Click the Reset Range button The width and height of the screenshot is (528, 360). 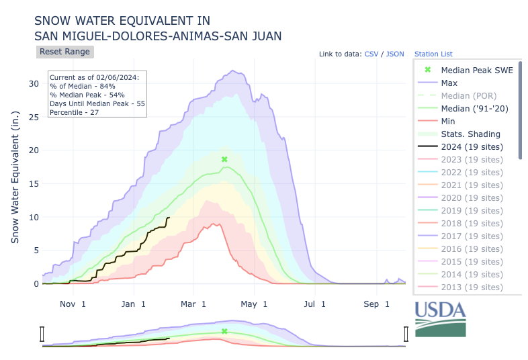(64, 52)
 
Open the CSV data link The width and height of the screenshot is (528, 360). (371, 54)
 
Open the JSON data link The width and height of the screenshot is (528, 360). (395, 54)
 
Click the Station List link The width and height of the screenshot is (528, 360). (433, 54)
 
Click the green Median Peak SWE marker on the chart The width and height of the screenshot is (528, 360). (224, 159)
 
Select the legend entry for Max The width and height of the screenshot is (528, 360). (449, 83)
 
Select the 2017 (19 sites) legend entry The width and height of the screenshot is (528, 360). (472, 236)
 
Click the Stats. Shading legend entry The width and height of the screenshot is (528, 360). (471, 134)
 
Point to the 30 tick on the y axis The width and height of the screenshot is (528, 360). (34, 84)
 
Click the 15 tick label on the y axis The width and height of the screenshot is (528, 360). (34, 184)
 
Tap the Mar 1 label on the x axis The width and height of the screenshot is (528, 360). (193, 304)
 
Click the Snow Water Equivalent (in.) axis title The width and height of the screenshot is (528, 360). (15, 177)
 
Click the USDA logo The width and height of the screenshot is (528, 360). (440, 318)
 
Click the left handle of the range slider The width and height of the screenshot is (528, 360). (42, 334)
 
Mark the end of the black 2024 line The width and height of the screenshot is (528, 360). (169, 218)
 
